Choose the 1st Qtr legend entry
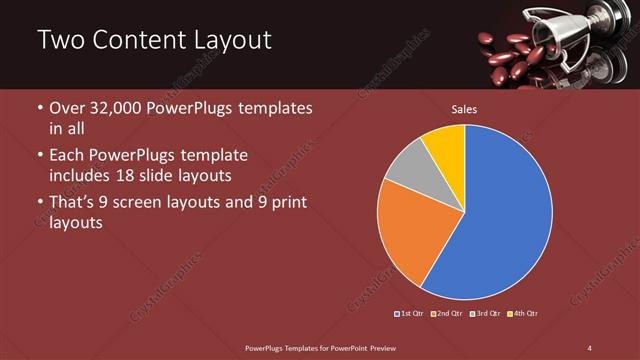(410, 314)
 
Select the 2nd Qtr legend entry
(446, 314)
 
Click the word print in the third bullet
(284, 203)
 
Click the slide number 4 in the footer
(590, 347)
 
